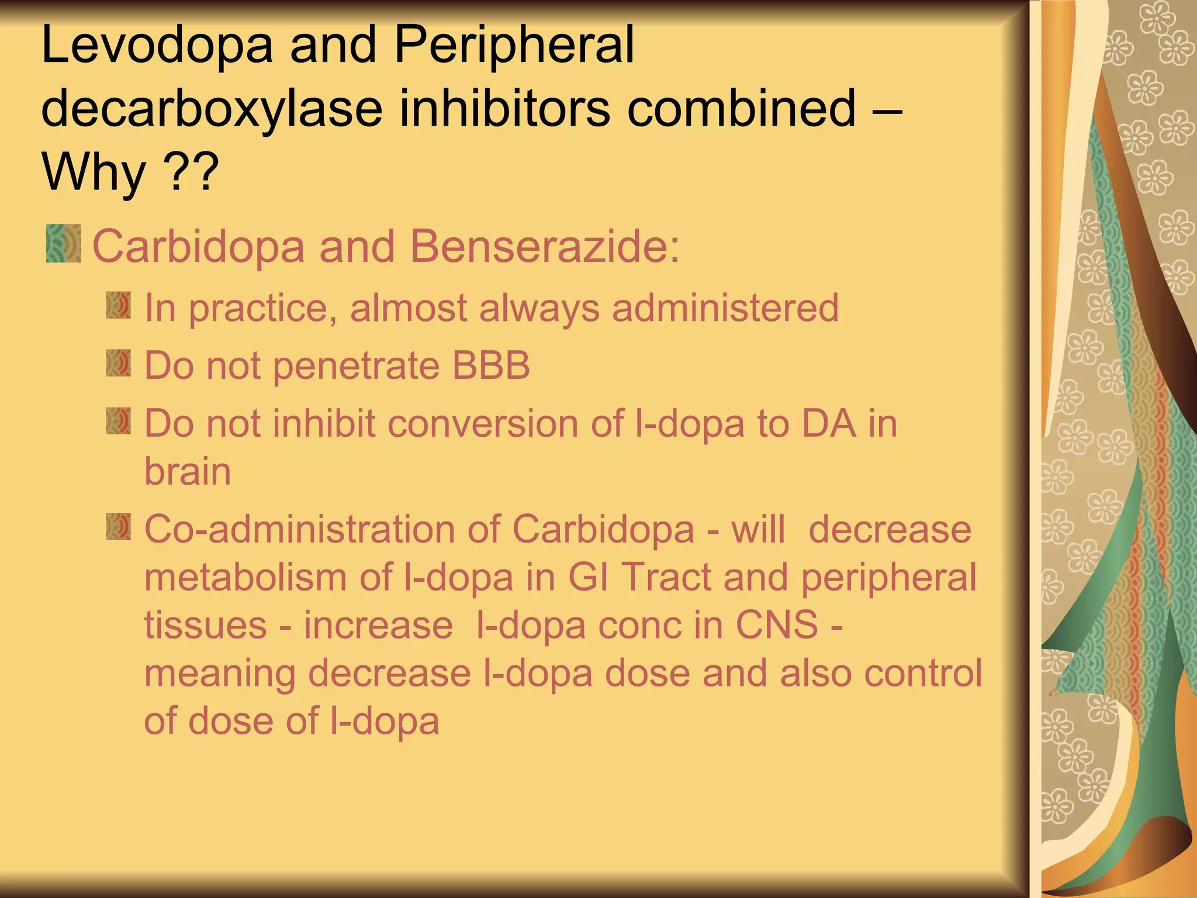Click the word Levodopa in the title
point(157,46)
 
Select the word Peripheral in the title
point(514,46)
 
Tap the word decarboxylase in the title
point(212,109)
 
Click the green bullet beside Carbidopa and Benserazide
point(64,243)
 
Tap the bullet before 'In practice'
point(119,306)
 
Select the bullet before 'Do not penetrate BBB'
point(119,363)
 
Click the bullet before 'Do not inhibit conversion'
point(119,421)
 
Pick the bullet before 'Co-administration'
point(119,527)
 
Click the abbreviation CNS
point(777,625)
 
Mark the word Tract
point(666,578)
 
